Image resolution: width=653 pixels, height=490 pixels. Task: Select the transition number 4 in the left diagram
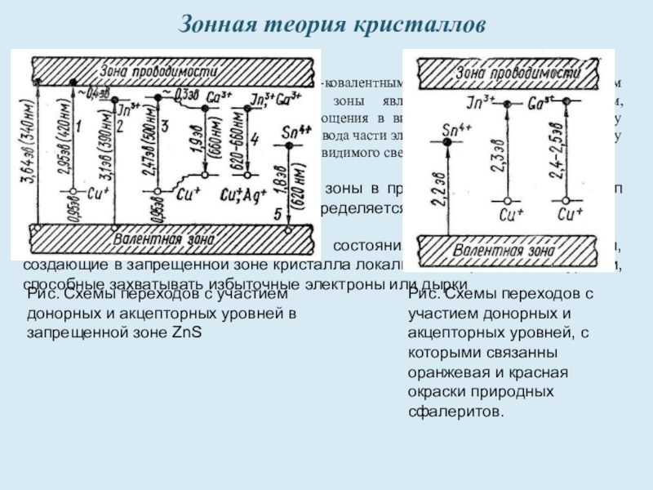[x=255, y=140]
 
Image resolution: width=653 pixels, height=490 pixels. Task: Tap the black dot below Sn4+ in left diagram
[x=287, y=146]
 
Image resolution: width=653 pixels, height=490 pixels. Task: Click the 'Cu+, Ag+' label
[x=240, y=196]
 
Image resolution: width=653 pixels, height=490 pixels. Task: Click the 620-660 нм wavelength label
[x=242, y=154]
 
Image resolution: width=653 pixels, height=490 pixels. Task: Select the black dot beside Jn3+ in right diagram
[x=507, y=105]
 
